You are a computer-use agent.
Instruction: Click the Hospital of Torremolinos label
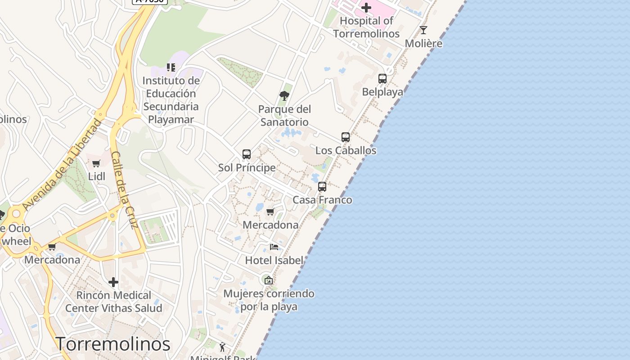point(366,27)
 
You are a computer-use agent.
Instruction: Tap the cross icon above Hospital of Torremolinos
point(366,7)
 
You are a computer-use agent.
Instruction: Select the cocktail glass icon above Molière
point(423,30)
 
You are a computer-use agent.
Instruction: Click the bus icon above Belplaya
point(382,79)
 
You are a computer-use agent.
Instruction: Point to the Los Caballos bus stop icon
point(346,137)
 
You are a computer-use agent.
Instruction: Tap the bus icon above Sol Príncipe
point(247,154)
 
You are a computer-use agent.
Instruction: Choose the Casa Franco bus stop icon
point(322,187)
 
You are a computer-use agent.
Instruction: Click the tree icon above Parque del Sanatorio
point(284,95)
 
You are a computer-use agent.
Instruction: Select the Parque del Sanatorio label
point(284,116)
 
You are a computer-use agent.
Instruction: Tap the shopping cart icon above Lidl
point(96,163)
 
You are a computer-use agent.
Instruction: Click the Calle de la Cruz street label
point(123,190)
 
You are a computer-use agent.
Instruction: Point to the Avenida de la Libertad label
point(63,165)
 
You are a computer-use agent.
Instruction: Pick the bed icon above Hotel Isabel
point(274,247)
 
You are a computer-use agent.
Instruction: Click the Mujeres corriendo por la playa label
point(269,300)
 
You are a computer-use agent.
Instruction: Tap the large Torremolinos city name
point(113,344)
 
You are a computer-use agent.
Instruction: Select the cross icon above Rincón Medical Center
point(113,282)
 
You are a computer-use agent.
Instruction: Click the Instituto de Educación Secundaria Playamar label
point(171,100)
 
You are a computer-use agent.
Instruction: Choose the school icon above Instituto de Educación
point(171,67)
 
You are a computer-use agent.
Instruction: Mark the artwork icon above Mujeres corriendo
point(269,280)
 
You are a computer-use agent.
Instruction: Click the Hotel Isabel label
point(274,260)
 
